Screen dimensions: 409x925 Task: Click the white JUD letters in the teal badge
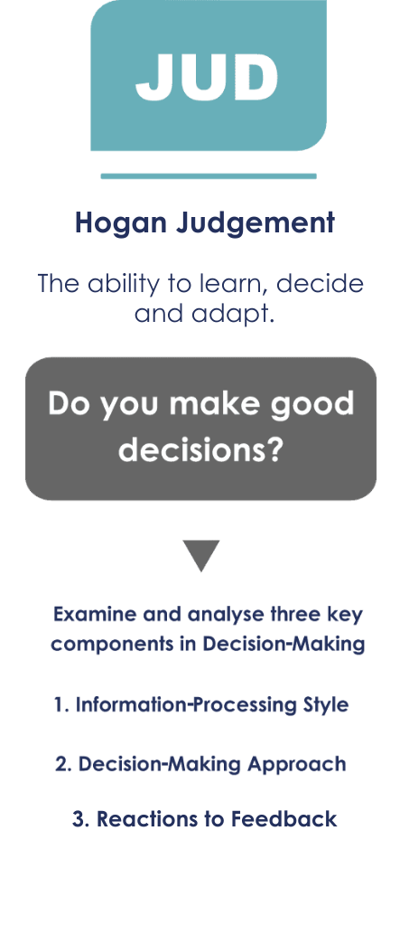point(206,77)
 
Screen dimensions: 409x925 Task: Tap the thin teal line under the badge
point(209,175)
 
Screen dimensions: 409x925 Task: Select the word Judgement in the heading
point(256,224)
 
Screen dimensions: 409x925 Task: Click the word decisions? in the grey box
point(201,449)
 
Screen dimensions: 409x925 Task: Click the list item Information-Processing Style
point(212,705)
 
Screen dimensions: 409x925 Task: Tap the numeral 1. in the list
point(61,705)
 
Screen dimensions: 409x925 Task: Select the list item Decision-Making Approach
point(212,764)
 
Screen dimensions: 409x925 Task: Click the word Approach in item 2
point(296,765)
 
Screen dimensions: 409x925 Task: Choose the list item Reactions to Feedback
point(217,819)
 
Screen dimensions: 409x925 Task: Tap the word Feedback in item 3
point(284,819)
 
